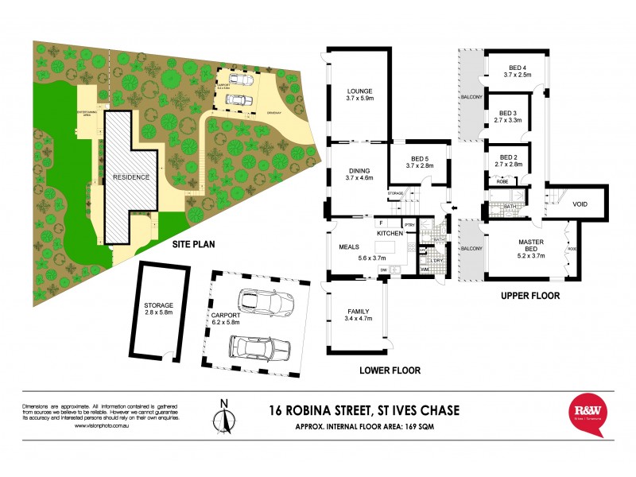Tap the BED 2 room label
(506, 157)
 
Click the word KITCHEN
(391, 233)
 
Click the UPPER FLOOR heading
(529, 296)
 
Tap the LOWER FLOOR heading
(389, 370)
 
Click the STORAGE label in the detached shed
(159, 305)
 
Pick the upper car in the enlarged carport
(261, 302)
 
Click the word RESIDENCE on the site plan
(131, 177)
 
